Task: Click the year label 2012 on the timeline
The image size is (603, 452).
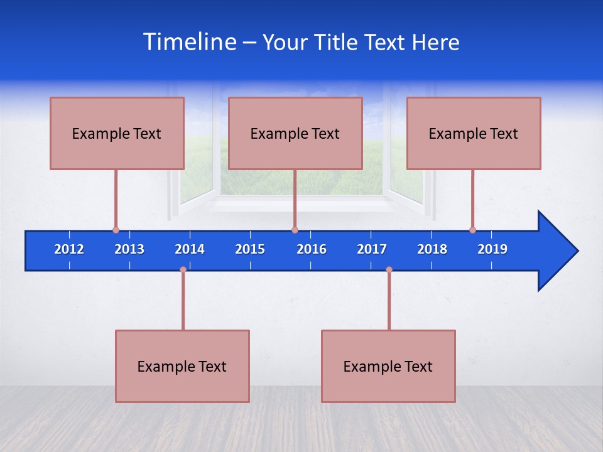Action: (69, 249)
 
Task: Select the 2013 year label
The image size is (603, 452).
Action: (129, 249)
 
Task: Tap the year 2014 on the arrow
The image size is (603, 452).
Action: (190, 249)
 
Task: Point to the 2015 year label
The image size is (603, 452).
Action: (250, 249)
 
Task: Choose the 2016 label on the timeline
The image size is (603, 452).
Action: (312, 249)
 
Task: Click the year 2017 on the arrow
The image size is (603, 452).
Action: (372, 249)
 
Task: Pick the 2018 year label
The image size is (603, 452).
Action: (432, 249)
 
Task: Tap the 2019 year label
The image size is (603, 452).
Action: (492, 249)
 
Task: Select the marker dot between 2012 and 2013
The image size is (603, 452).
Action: (116, 230)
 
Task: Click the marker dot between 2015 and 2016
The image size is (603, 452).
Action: (295, 230)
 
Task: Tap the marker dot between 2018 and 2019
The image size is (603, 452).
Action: (472, 230)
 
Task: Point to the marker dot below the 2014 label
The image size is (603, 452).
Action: (183, 270)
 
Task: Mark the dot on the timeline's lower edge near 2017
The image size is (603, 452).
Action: (389, 270)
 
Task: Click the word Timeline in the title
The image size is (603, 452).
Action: (188, 42)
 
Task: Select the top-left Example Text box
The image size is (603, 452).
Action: (117, 133)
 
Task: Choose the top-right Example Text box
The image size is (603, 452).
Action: (474, 133)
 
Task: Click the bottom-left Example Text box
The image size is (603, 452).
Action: (182, 366)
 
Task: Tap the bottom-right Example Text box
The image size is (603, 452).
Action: (388, 366)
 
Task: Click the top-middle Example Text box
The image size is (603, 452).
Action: (295, 133)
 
